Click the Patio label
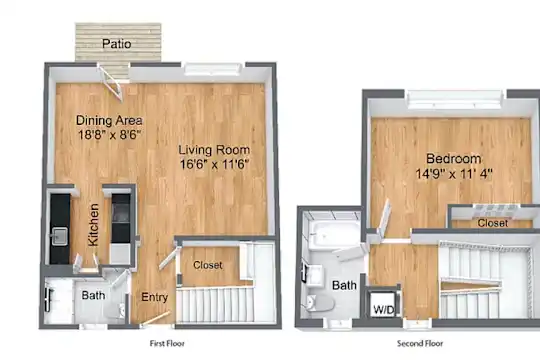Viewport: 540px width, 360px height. point(116,44)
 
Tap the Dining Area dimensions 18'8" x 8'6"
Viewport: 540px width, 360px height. point(110,134)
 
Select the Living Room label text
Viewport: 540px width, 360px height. point(214,150)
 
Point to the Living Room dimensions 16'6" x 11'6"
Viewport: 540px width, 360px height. point(214,164)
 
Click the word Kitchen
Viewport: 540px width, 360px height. point(93,225)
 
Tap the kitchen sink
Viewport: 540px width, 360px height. point(59,236)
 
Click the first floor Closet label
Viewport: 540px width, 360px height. point(208,265)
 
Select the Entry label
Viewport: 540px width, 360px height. point(155,297)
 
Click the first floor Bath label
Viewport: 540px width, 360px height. point(93,295)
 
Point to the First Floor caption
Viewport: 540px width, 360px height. point(167,343)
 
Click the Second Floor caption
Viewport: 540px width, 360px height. point(420,343)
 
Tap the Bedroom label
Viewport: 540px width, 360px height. point(454,158)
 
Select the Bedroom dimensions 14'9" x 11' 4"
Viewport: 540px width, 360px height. point(454,173)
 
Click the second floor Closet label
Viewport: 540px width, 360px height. point(493,223)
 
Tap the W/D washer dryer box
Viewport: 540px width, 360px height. point(383,304)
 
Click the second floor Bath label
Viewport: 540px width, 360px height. point(344,285)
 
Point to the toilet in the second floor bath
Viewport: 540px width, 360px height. point(320,303)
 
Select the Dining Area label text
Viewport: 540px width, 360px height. point(109,120)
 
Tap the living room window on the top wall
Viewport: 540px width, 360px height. point(213,69)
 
